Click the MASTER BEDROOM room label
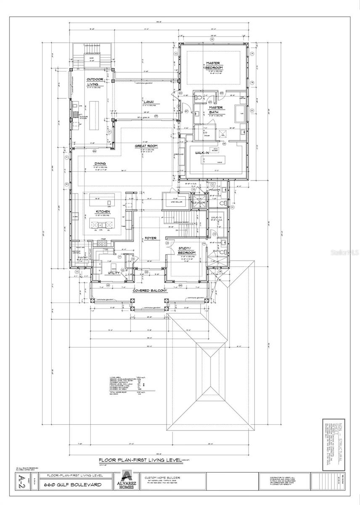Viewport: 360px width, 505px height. click(x=214, y=65)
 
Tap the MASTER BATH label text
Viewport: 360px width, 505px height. click(x=216, y=110)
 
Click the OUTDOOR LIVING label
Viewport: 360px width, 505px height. click(x=95, y=82)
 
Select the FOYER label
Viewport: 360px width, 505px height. click(x=150, y=238)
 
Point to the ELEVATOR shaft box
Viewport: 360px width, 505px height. click(x=198, y=203)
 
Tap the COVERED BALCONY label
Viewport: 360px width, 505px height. click(x=150, y=291)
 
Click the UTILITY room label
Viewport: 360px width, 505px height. click(x=114, y=273)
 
